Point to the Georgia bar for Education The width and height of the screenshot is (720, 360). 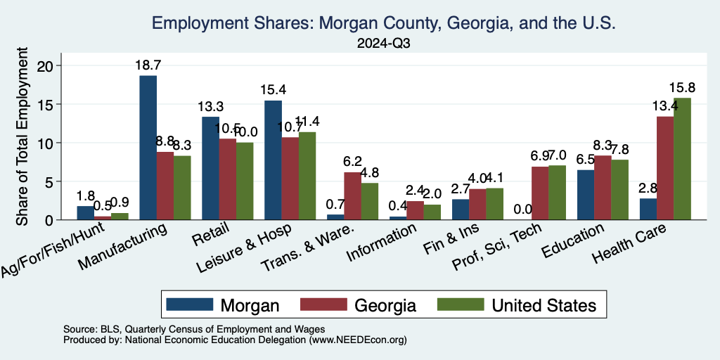(x=603, y=188)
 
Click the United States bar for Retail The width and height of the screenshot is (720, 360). (x=245, y=181)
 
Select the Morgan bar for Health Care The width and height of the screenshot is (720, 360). (x=648, y=209)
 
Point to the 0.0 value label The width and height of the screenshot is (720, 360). (x=522, y=209)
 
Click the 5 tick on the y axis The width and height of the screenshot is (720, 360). (x=58, y=181)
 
